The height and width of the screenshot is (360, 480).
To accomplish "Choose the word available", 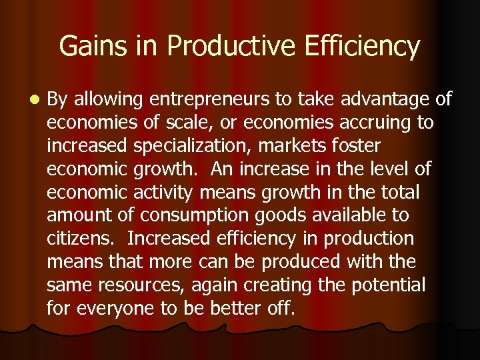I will coord(344,216).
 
